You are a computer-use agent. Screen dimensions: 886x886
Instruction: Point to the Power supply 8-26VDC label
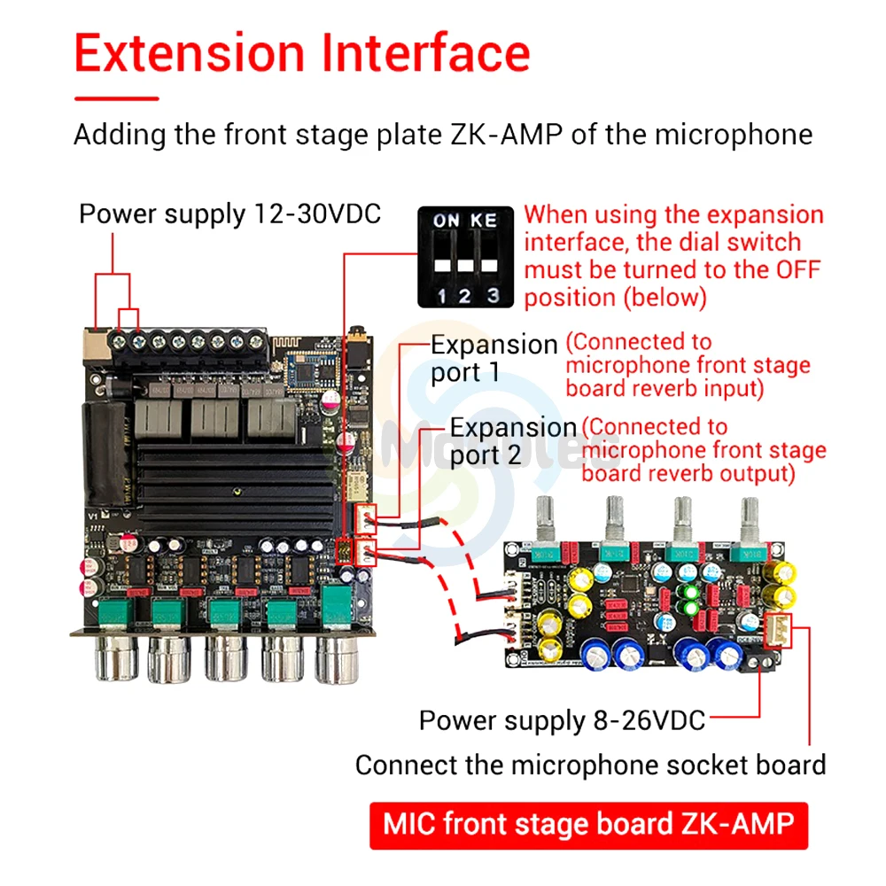tap(562, 720)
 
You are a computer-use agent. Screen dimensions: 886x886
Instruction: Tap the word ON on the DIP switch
tap(446, 220)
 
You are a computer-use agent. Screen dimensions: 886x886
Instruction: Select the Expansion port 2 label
tap(513, 440)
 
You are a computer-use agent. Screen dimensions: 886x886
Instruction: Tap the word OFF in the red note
tap(795, 269)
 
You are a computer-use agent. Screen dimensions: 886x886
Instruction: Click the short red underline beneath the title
tap(116, 98)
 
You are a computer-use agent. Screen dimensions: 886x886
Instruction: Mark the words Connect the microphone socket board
tap(590, 765)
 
